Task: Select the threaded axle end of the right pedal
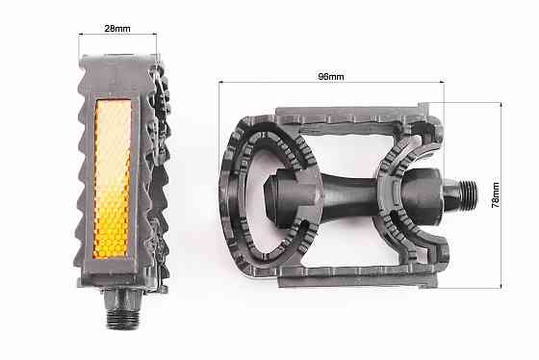469,192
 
